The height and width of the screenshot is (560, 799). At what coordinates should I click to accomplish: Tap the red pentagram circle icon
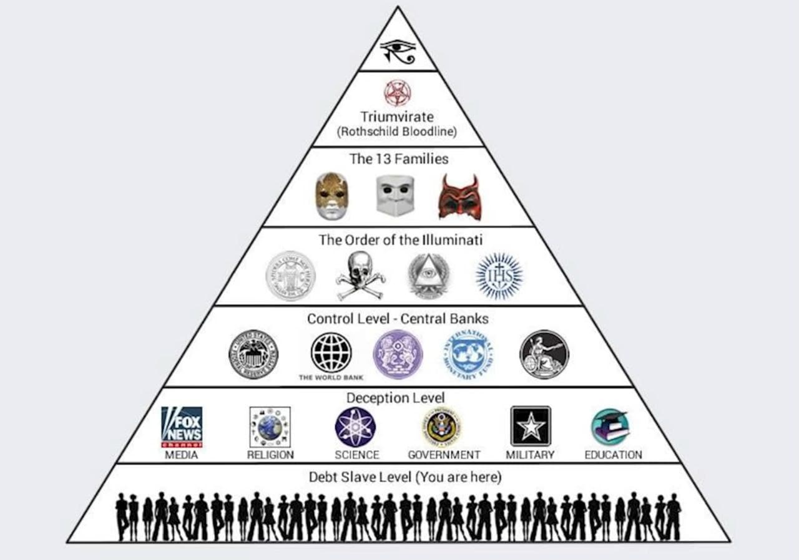[397, 93]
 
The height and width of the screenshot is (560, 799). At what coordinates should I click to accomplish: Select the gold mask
[331, 196]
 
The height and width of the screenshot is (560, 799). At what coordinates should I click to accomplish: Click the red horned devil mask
[459, 196]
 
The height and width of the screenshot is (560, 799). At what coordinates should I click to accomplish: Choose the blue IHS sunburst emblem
[499, 276]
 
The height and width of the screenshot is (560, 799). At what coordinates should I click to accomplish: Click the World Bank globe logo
[331, 353]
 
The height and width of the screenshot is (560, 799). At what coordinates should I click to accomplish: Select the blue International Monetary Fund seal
[468, 354]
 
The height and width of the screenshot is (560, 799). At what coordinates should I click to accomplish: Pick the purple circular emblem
[398, 354]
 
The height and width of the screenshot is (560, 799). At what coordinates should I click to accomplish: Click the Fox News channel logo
[182, 427]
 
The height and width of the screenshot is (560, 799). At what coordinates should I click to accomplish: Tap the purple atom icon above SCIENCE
[355, 427]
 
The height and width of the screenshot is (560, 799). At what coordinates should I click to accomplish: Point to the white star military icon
[531, 427]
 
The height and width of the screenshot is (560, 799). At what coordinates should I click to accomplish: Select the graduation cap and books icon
[610, 427]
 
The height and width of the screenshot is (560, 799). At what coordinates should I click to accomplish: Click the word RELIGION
[270, 455]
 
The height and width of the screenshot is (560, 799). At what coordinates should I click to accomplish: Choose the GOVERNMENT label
[444, 455]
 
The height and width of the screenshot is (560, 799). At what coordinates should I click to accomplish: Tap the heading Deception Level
[395, 398]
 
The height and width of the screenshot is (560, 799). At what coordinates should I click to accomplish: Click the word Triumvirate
[397, 117]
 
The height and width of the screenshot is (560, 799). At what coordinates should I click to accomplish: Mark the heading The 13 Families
[398, 158]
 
